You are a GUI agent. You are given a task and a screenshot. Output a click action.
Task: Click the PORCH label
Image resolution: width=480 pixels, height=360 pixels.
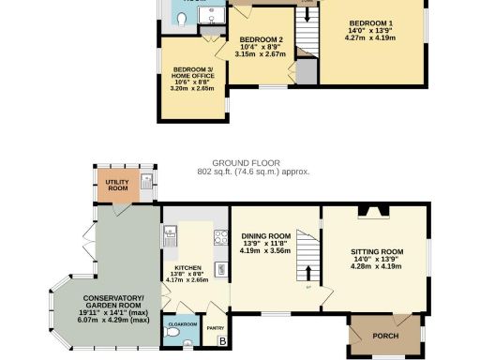[385, 336]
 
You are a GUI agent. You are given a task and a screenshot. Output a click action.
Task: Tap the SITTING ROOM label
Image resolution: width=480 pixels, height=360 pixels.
[377, 252]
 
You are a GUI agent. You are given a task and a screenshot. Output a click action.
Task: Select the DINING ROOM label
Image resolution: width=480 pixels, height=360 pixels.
[266, 236]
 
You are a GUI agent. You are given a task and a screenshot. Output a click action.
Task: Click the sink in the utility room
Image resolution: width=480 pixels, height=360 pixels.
[146, 182]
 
